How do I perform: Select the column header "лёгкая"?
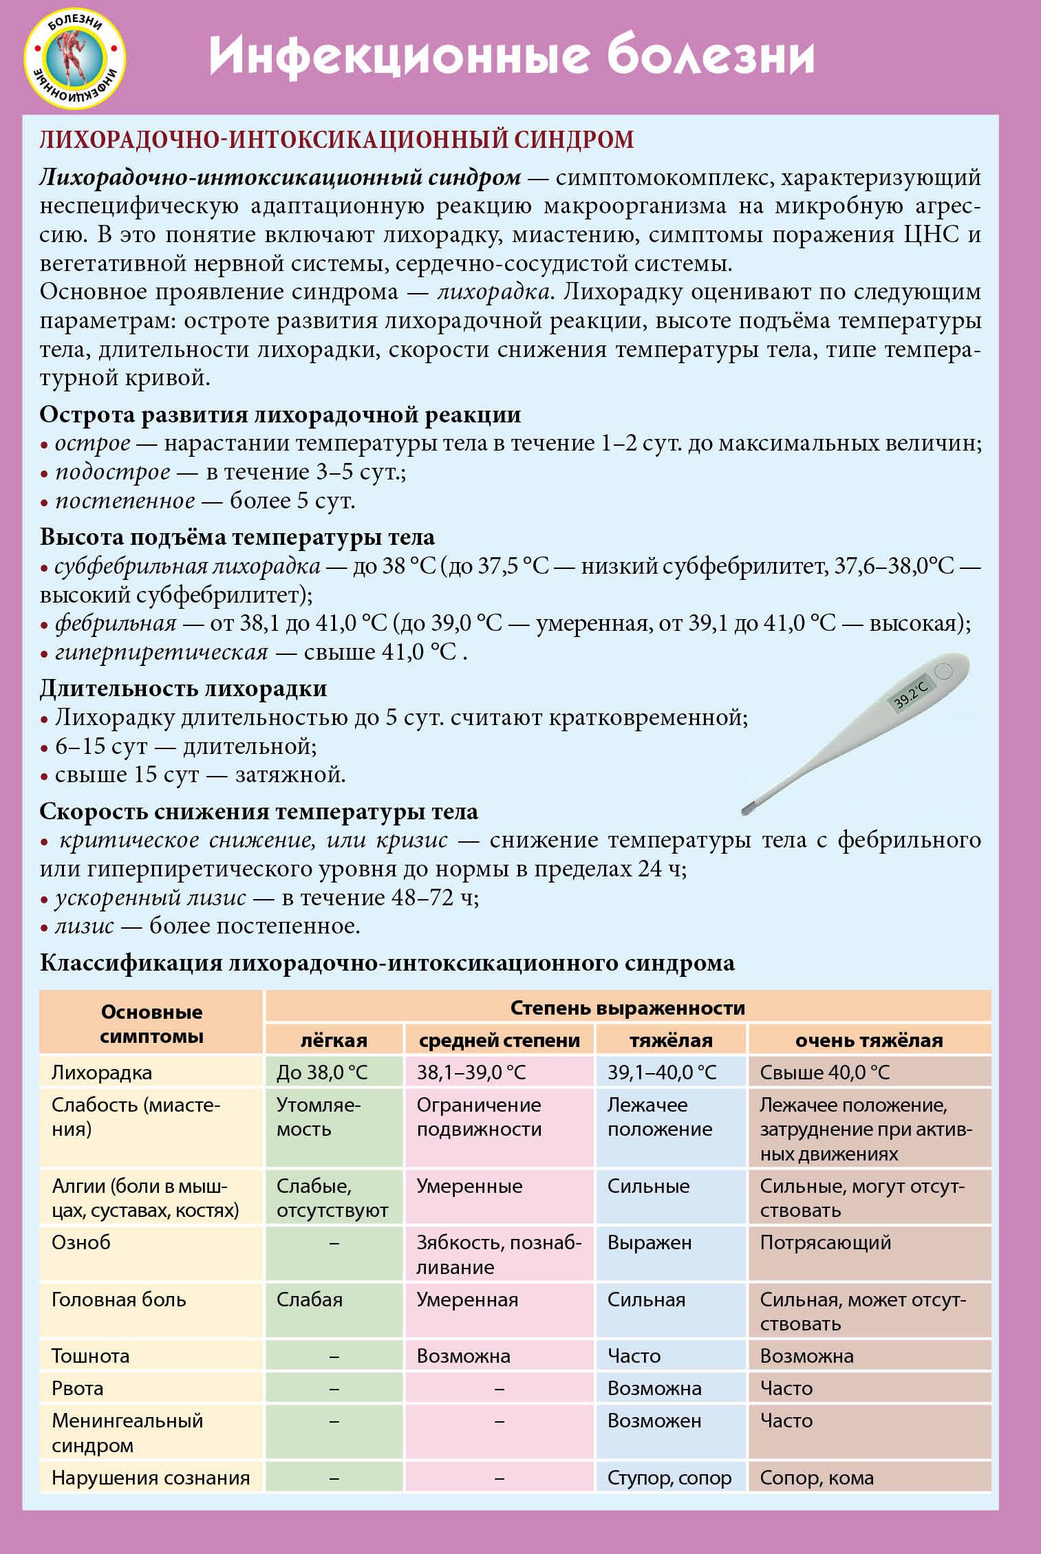tap(334, 1040)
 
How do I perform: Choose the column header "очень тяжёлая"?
tap(868, 1040)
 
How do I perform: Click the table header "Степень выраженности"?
tap(627, 1008)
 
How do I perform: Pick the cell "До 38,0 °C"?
tap(322, 1072)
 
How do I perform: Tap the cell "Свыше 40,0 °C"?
tap(824, 1072)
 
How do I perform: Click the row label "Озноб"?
tap(81, 1242)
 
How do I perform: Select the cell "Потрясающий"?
tap(825, 1242)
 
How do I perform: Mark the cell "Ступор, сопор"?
tap(669, 1478)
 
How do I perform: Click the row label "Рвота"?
tap(77, 1388)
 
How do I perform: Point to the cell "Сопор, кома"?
tap(816, 1478)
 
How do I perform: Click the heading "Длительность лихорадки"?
tap(183, 689)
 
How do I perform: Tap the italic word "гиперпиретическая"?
tap(161, 652)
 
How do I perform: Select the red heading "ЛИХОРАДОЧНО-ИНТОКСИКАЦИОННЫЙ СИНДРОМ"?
tap(336, 140)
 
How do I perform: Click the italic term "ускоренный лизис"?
tap(150, 898)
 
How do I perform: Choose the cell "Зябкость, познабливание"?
tap(499, 1254)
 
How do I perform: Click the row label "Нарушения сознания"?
tap(151, 1478)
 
